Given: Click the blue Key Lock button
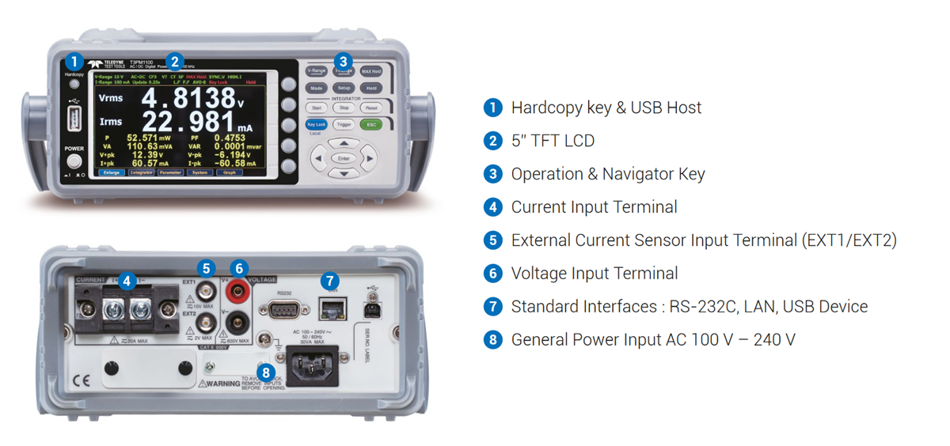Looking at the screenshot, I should coord(316,124).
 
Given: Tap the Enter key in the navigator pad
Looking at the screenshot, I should coord(343,159).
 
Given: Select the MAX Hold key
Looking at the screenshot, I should coord(371,71).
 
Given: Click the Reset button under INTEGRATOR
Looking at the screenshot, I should coord(371,108).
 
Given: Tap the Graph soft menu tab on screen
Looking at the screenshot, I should coord(229,172).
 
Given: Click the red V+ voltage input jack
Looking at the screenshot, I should coord(236,293).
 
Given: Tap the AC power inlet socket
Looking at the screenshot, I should coord(310,366).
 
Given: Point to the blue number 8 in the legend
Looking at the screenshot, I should coord(492,340).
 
